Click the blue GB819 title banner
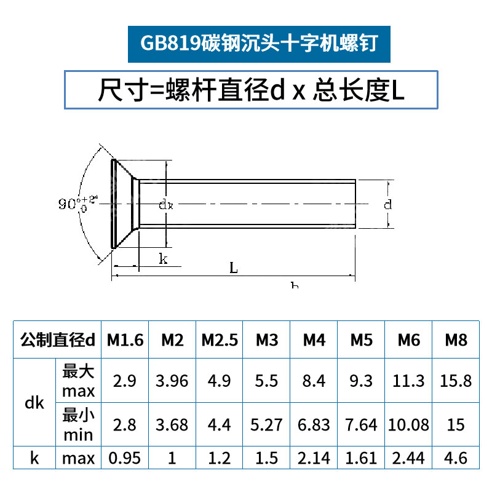point(258,44)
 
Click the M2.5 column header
point(220,339)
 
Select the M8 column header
point(456,339)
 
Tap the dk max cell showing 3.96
point(172,381)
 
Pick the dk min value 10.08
point(408,425)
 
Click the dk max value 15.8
point(456,381)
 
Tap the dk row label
point(34,403)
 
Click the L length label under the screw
point(233,268)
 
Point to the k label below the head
point(163,259)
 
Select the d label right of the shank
point(387,205)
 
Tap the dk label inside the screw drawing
point(166,205)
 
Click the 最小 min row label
point(78,425)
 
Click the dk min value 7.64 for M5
point(361,425)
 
